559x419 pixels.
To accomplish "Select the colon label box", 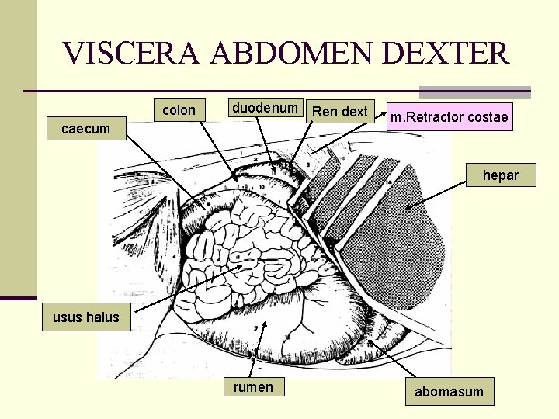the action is tap(179, 110).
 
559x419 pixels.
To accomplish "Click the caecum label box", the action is tap(86, 128).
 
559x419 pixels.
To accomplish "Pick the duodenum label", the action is tap(264, 108).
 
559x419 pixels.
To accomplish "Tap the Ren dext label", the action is tap(339, 112).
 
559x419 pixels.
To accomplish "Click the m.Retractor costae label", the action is tap(450, 117).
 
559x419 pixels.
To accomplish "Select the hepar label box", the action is tap(500, 175).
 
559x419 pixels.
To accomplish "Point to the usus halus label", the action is tap(86, 317).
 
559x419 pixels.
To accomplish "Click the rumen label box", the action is tap(253, 387).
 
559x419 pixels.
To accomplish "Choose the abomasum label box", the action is tap(449, 392).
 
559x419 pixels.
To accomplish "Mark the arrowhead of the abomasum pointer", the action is tap(372, 342).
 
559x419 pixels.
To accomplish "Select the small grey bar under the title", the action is tap(475, 92).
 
